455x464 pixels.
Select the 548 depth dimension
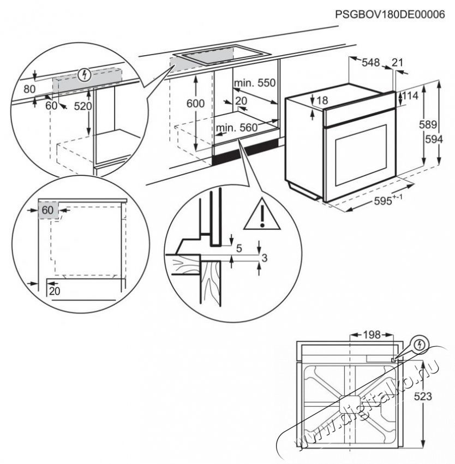pos(370,63)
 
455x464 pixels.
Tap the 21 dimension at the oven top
pos(397,63)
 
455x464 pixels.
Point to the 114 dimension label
pos(411,97)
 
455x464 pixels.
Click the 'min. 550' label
pos(255,83)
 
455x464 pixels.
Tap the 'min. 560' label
pos(236,128)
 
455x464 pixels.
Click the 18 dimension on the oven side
pos(322,100)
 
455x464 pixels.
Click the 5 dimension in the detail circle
pos(238,247)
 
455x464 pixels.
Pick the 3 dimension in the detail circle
pos(265,258)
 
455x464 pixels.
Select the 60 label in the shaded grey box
pos(48,210)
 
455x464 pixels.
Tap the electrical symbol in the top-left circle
pos(83,75)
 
